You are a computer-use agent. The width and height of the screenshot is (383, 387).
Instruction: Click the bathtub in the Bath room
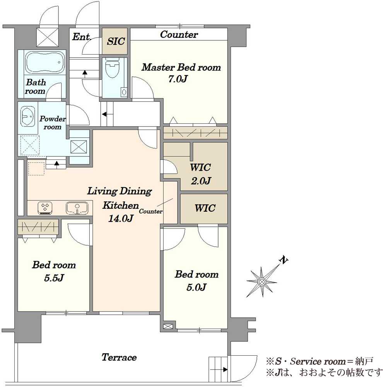tap(45, 63)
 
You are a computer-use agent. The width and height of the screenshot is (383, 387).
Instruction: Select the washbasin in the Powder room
tap(27, 116)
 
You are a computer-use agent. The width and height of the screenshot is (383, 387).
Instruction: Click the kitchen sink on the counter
tap(77, 208)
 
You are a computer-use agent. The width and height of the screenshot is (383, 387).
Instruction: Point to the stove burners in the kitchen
tap(45, 207)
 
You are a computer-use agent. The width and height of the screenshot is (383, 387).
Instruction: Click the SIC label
tap(116, 41)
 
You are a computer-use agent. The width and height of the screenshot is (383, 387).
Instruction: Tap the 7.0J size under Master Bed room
tap(178, 79)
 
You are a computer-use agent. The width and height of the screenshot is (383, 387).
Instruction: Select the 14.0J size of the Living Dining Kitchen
tap(121, 218)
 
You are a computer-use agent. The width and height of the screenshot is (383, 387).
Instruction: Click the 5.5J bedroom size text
tap(54, 278)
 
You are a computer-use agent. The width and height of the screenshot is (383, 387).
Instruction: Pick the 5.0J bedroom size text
tap(197, 287)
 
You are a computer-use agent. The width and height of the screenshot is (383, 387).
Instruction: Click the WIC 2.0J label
tap(200, 174)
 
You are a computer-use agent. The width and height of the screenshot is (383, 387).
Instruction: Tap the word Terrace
tap(119, 357)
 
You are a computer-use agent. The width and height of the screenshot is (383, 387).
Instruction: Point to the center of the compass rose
tap(262, 281)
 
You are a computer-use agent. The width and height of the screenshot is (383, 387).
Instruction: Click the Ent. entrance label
tap(82, 37)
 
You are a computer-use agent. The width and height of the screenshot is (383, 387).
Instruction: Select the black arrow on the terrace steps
tap(225, 370)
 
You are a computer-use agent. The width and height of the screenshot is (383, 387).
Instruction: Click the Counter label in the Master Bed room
tap(179, 34)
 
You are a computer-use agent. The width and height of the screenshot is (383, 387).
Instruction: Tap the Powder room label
tap(53, 123)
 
